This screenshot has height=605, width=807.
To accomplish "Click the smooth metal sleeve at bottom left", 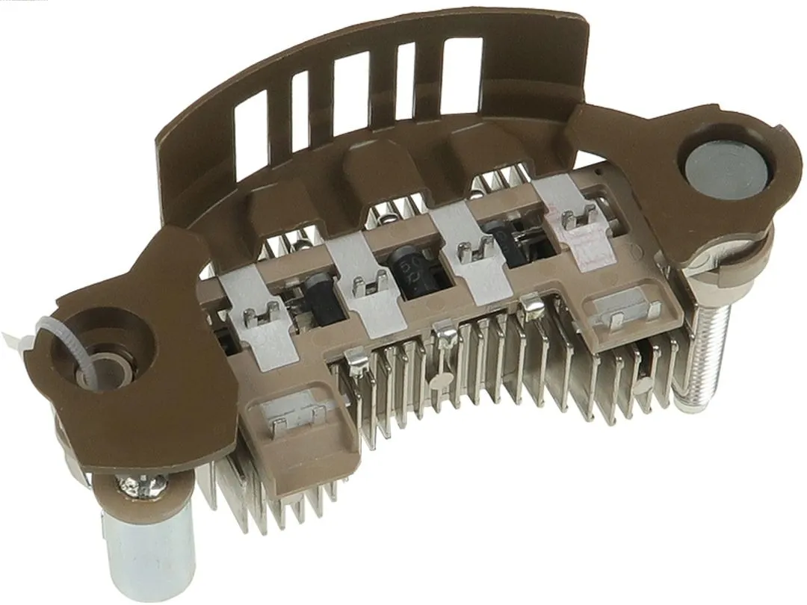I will [x=149, y=545].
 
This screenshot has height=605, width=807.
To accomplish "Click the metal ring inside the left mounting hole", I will [x=105, y=370].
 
